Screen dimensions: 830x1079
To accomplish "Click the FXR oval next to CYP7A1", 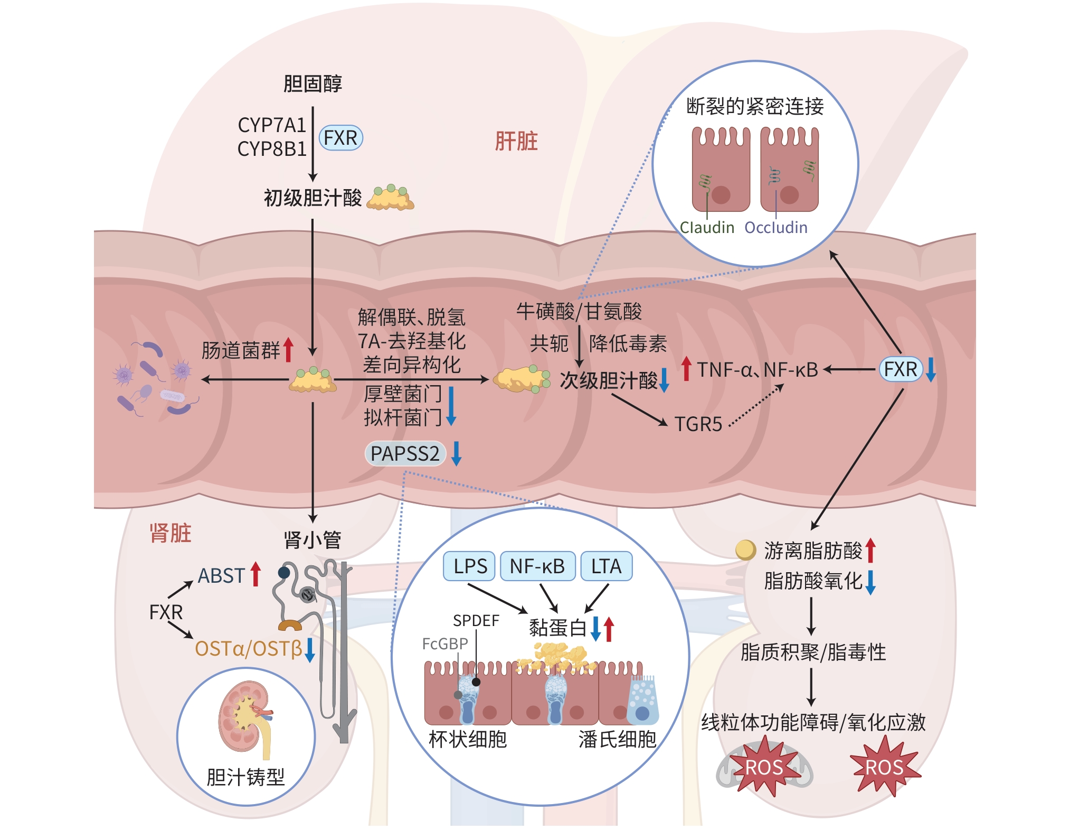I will coord(340,138).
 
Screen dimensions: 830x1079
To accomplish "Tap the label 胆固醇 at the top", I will coord(313,83).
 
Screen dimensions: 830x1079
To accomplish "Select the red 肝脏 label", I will coord(516,141).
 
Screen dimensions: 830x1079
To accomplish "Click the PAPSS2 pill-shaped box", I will coord(405,453).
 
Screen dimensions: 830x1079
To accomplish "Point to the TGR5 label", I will coord(698,424).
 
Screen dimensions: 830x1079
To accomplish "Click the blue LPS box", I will coord(469,566).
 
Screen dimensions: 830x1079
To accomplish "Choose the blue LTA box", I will coord(606,566).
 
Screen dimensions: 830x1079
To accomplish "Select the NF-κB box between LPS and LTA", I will coord(537,566).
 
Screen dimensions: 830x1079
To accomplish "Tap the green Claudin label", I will coord(707,228).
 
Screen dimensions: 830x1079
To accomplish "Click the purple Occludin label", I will coord(775,228).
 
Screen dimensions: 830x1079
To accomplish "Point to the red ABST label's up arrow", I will coord(256,574).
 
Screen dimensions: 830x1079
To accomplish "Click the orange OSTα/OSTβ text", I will coord(248,648).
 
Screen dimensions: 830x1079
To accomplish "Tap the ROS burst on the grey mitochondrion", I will coord(764,768).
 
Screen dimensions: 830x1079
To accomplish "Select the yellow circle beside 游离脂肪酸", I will coord(745,549).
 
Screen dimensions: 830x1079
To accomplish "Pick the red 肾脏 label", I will coord(170,533).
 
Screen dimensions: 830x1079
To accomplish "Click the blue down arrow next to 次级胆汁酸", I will coord(664,380).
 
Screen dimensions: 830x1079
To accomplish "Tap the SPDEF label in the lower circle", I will coord(476,621).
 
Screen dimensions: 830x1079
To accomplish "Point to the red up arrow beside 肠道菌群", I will coord(288,350).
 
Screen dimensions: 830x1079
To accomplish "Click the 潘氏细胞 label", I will coord(617,739).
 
